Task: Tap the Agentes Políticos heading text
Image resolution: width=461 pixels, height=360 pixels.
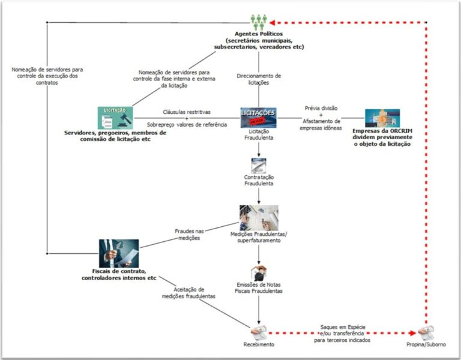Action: [x=259, y=34]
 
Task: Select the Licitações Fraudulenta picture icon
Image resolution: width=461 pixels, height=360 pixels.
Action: [x=258, y=117]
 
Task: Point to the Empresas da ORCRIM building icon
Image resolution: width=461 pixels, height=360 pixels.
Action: [x=382, y=118]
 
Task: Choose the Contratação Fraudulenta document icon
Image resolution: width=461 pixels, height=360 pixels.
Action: [x=259, y=166]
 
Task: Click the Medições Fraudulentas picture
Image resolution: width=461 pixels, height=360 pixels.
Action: [x=259, y=218]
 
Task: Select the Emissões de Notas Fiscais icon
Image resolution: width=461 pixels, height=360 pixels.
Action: [x=259, y=271]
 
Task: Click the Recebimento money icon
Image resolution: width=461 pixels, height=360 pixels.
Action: [x=259, y=331]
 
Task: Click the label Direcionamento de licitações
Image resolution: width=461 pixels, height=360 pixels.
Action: [x=259, y=80]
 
